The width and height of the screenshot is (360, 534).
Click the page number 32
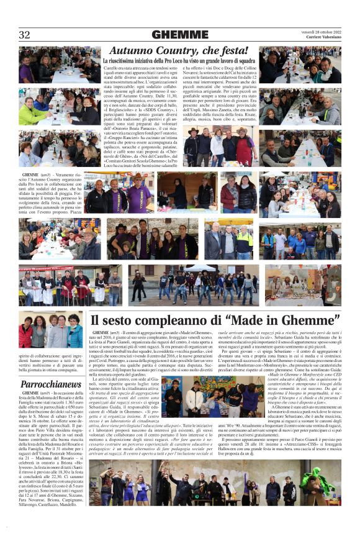point(25,34)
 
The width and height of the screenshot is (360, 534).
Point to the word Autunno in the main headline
point(133,50)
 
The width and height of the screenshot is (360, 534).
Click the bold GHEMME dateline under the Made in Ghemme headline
point(100,334)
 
